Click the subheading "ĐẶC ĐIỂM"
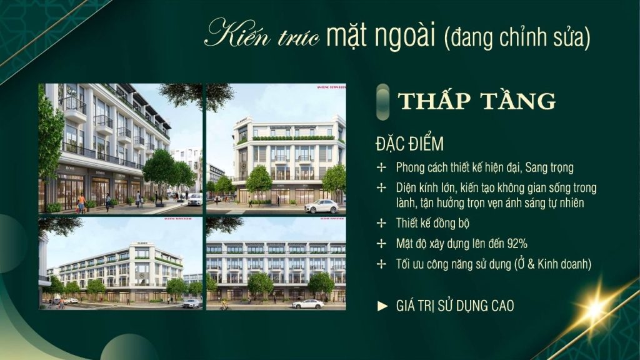[409, 144]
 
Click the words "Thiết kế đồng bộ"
[432, 223]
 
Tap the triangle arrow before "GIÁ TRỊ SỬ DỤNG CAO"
[382, 306]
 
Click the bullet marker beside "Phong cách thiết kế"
[381, 167]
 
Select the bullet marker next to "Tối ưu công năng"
[381, 264]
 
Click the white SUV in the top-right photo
[321, 206]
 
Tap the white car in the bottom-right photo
[308, 304]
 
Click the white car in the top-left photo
[194, 199]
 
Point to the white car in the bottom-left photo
[191, 303]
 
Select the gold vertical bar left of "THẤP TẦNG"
[380, 100]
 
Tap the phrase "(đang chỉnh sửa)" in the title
[517, 37]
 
